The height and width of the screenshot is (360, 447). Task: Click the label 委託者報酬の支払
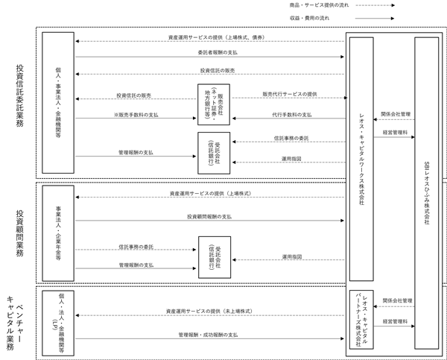point(218,52)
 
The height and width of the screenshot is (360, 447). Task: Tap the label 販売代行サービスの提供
point(290,94)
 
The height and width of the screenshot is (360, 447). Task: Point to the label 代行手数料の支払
point(291,115)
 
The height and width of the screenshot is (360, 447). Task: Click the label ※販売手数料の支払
point(136,115)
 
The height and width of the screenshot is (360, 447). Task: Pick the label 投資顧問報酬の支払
point(209,217)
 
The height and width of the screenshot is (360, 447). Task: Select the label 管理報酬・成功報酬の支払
point(208,335)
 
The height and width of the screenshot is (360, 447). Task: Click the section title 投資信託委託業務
point(19,96)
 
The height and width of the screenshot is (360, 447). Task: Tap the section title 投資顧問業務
point(19,233)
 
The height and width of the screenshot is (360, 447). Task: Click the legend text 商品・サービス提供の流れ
point(319,5)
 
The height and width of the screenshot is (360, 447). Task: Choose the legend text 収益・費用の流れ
point(309,18)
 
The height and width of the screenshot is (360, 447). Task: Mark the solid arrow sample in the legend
point(375,18)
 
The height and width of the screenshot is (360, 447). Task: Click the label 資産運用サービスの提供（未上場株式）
point(209,312)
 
